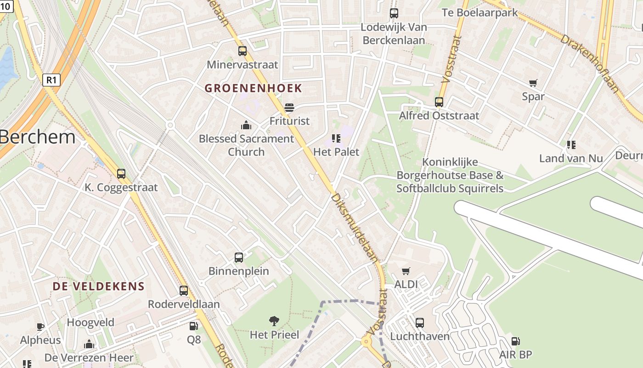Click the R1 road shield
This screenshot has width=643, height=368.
pos(51,80)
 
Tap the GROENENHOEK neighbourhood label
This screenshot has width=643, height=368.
pos(253,88)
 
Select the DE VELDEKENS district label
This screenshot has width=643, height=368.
pos(98,286)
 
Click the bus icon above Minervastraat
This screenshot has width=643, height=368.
pos(243,51)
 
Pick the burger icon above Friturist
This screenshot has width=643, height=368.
pos(289,108)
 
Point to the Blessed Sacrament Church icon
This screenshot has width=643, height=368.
pos(246,125)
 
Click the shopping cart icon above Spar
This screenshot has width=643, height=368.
pos(533,83)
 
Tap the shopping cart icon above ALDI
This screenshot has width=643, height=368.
pos(406,271)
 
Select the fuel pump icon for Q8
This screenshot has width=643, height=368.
pos(193,326)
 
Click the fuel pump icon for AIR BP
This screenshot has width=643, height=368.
pos(515,341)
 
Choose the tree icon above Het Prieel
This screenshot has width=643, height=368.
pos(274,321)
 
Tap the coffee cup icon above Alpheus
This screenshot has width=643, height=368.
pos(40,327)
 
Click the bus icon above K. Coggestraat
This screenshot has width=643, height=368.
pos(121,174)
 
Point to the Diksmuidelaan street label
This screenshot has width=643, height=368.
pos(354,228)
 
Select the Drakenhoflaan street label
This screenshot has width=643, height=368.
pos(590,63)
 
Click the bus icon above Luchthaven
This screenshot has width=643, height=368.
pos(420,323)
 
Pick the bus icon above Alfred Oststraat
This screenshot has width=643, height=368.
pos(439,102)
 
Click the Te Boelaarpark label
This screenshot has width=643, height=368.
pos(479,12)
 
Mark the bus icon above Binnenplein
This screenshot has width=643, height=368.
pos(239,258)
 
